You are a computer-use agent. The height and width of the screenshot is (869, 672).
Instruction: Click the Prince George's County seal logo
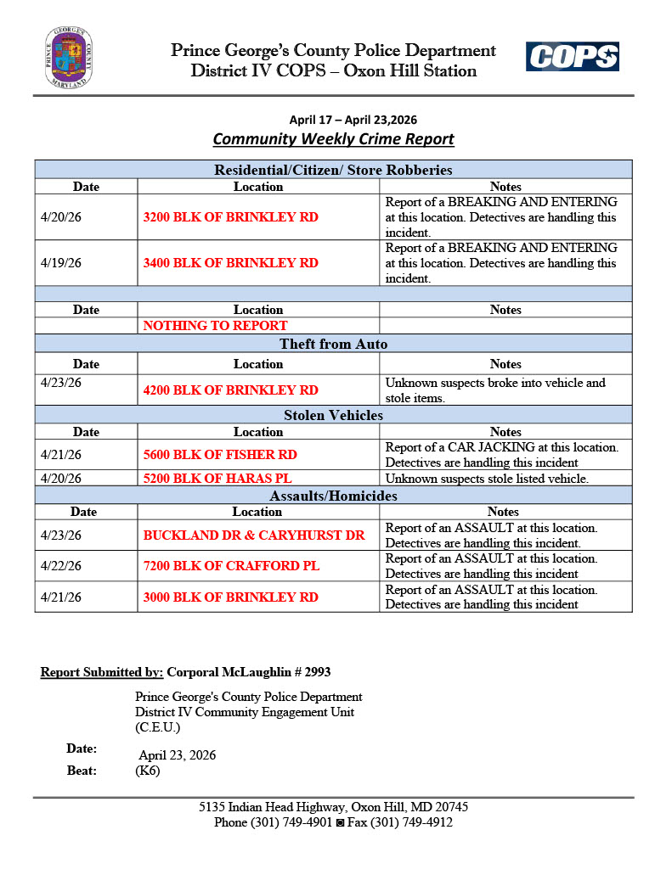[x=69, y=58]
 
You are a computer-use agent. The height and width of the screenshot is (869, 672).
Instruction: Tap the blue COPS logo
[x=572, y=57]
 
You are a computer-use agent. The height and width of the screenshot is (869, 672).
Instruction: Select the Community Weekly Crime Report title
[x=333, y=139]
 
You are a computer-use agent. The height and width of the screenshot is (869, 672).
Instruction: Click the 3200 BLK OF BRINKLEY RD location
[x=230, y=217]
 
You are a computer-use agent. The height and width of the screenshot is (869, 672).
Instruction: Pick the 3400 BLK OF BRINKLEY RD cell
[x=230, y=263]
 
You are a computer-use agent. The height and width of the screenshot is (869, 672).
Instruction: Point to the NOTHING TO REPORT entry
[x=215, y=326]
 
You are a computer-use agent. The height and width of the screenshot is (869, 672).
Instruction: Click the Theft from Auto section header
[x=333, y=344]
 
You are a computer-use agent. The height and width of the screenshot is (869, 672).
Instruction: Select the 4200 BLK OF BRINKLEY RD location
[x=230, y=390]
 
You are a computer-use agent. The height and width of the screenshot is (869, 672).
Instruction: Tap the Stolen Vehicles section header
[x=333, y=415]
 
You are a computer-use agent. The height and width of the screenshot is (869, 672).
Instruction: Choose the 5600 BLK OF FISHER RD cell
[x=220, y=455]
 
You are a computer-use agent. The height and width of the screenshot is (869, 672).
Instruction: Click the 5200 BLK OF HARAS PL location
[x=217, y=479]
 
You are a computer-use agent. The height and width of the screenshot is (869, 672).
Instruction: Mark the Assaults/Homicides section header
[x=333, y=496]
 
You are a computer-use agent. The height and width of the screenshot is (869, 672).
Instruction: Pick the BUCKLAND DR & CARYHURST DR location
[x=253, y=535]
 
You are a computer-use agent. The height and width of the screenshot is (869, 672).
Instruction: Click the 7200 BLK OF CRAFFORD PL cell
[x=231, y=566]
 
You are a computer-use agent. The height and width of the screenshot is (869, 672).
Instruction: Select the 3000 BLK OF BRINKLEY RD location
[x=230, y=597]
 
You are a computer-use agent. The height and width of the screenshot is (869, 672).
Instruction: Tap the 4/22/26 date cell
[x=61, y=566]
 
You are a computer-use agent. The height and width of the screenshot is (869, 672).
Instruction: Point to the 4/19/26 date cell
[x=61, y=263]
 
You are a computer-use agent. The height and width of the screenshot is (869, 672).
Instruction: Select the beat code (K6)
[x=147, y=771]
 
